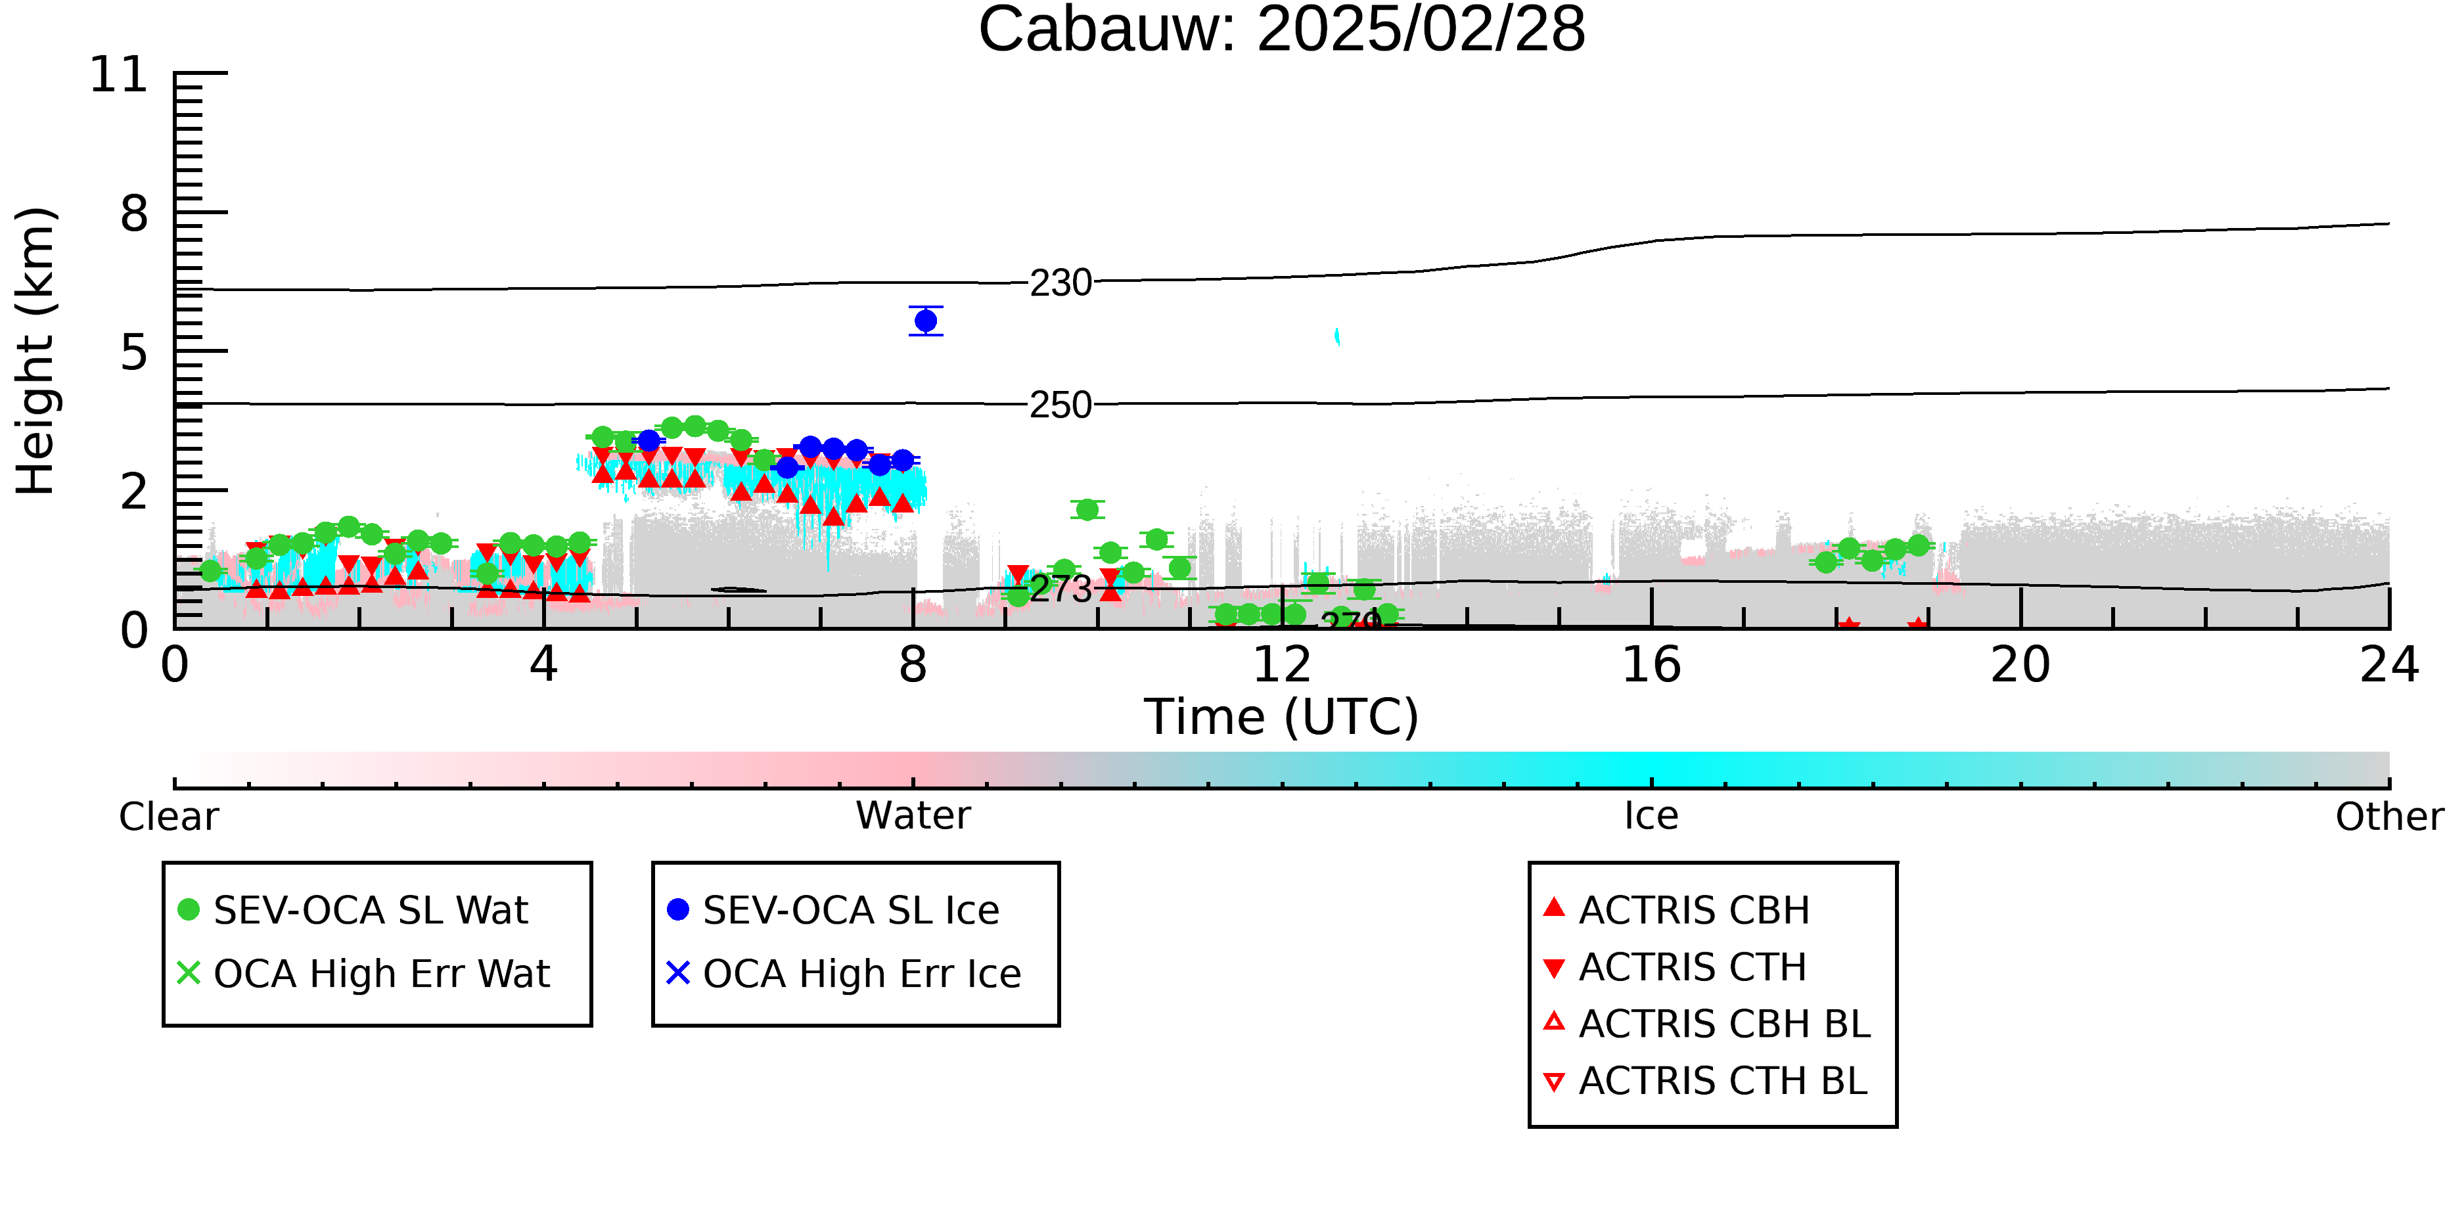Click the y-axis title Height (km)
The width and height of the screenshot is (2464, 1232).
click(36, 351)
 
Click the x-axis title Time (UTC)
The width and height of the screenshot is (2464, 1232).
click(1282, 718)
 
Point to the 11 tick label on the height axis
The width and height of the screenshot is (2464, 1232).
click(119, 75)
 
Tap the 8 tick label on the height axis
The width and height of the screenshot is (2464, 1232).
click(135, 214)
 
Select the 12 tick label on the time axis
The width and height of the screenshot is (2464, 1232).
click(1282, 665)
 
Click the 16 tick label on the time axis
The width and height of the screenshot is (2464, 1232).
click(1651, 665)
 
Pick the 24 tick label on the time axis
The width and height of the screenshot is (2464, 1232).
click(2389, 665)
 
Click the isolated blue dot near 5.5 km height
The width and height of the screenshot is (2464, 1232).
click(926, 321)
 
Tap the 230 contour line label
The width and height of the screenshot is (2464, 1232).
click(1061, 283)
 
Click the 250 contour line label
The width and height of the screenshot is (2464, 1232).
click(1061, 405)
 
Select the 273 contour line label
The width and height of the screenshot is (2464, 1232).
click(1061, 589)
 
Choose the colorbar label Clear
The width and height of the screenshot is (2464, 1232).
click(168, 817)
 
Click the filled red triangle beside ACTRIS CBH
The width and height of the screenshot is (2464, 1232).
click(1555, 907)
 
